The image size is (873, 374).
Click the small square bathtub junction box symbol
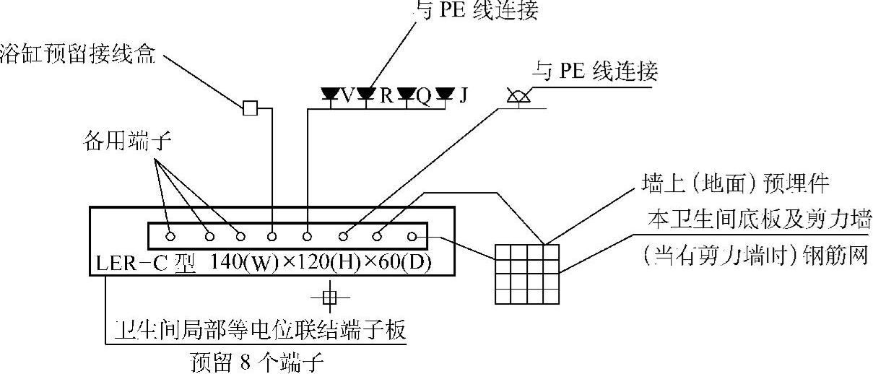(249, 109)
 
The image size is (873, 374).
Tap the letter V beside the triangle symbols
(349, 95)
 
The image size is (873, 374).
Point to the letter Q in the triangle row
(425, 95)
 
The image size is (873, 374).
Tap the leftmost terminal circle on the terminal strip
(170, 236)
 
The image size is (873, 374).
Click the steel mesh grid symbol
(526, 273)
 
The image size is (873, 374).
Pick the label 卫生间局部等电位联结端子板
(260, 331)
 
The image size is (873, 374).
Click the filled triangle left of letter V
(331, 94)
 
